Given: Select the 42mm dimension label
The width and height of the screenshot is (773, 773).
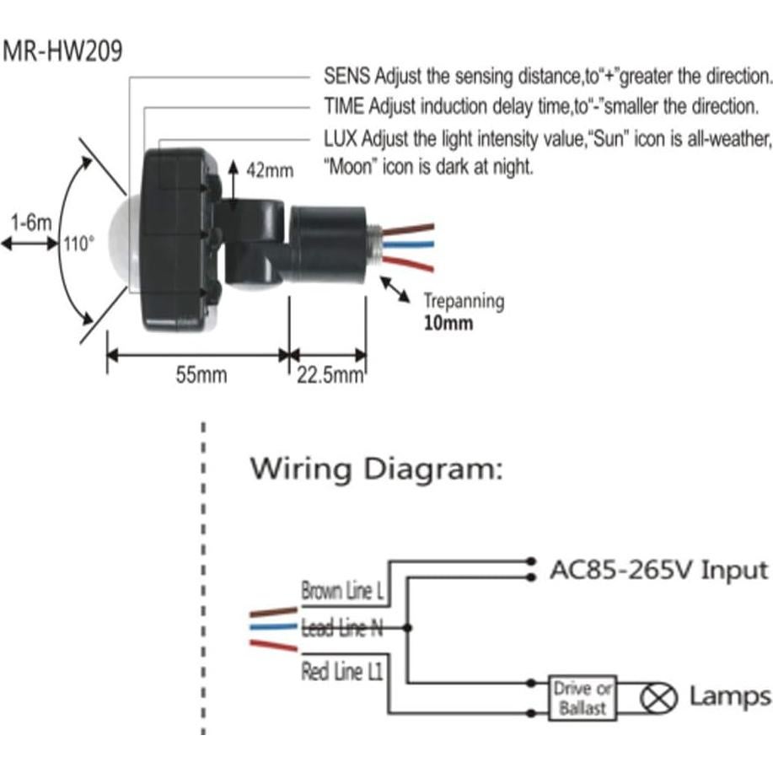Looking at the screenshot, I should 270,169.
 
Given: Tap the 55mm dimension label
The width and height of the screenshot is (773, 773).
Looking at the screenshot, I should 201,375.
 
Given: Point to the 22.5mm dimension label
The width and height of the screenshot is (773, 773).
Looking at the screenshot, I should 330,375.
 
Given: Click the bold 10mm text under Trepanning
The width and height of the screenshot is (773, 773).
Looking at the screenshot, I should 448,323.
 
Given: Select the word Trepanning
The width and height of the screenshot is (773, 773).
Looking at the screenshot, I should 463,301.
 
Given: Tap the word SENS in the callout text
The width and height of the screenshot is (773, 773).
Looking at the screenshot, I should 346,75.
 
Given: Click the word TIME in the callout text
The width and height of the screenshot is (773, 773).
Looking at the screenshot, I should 345,107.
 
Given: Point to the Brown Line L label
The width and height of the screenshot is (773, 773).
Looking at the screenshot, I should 342,591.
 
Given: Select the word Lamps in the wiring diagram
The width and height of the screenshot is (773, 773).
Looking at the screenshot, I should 729,697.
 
